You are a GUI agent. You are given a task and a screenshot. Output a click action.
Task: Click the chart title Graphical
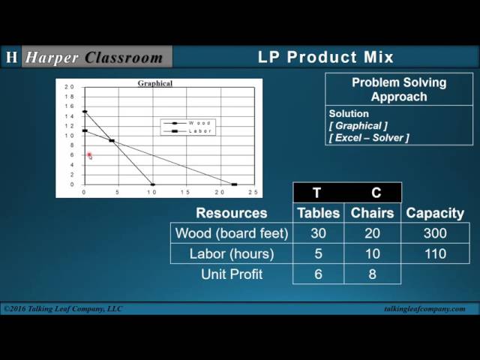pyautogui.click(x=154, y=83)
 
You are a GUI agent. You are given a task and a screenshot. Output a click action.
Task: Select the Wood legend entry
pyautogui.click(x=199, y=122)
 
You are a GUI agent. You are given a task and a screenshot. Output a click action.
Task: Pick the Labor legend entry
pyautogui.click(x=199, y=130)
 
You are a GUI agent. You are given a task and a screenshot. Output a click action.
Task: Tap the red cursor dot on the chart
pyautogui.click(x=88, y=155)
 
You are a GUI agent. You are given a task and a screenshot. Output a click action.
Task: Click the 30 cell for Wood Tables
pyautogui.click(x=318, y=233)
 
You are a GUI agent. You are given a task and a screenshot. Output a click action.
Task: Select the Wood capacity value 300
pyautogui.click(x=435, y=233)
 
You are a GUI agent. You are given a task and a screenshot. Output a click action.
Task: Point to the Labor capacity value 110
pyautogui.click(x=435, y=253)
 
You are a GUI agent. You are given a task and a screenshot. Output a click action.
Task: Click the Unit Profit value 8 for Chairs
pyautogui.click(x=372, y=274)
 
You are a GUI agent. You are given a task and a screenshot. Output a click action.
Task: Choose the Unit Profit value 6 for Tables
pyautogui.click(x=318, y=274)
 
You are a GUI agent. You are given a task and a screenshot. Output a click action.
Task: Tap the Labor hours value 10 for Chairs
pyautogui.click(x=372, y=253)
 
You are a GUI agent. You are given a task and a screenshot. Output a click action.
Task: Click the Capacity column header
pyautogui.click(x=435, y=213)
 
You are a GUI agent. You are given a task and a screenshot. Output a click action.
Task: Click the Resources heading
pyautogui.click(x=231, y=213)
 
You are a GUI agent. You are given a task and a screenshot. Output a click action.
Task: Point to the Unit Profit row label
pyautogui.click(x=231, y=274)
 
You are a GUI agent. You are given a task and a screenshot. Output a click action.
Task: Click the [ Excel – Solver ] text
pyautogui.click(x=369, y=138)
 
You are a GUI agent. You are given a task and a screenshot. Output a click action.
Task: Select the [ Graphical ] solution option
pyautogui.click(x=358, y=126)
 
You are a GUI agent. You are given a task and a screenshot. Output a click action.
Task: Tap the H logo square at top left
pyautogui.click(x=11, y=57)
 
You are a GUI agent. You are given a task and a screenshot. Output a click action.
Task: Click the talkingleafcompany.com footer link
pyautogui.click(x=424, y=309)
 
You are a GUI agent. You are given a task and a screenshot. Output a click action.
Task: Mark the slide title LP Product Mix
pyautogui.click(x=325, y=57)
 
